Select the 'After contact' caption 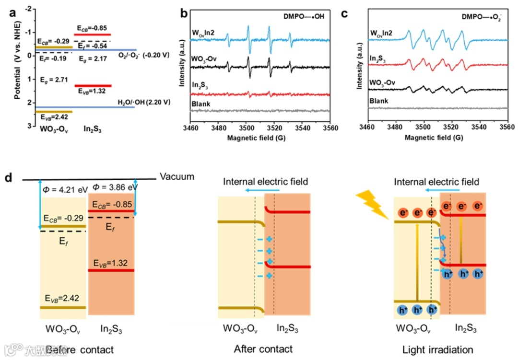point(263,348)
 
